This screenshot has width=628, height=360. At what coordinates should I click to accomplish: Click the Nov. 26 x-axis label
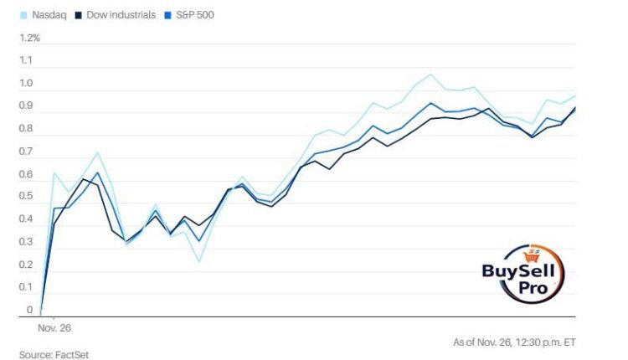54,330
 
